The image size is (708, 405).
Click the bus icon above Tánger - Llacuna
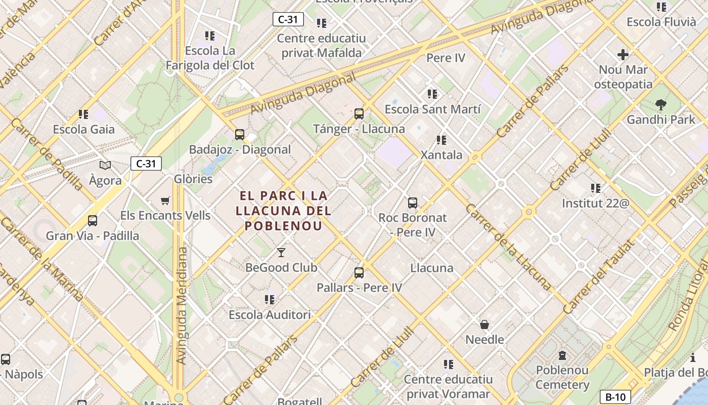click(359, 114)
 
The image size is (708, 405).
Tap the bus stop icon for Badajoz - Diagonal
click(240, 135)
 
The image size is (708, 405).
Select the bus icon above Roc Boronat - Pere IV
click(413, 203)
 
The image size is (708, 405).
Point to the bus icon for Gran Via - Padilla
click(93, 221)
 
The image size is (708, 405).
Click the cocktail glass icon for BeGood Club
click(281, 253)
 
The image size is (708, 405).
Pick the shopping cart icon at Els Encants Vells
click(165, 201)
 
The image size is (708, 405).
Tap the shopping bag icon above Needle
click(484, 325)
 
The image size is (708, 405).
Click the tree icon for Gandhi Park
click(660, 105)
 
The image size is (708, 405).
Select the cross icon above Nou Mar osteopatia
click(623, 55)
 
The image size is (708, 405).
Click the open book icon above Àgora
click(105, 165)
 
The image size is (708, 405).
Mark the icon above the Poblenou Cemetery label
click(562, 355)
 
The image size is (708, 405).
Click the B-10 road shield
click(615, 397)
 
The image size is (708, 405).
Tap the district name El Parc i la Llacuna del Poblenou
click(283, 211)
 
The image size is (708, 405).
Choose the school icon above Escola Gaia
click(83, 114)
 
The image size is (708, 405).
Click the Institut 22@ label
click(596, 204)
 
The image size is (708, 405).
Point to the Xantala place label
click(441, 155)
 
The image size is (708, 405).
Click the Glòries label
click(193, 179)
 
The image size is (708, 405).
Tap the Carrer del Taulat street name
click(598, 277)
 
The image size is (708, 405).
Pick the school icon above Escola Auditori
click(270, 300)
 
